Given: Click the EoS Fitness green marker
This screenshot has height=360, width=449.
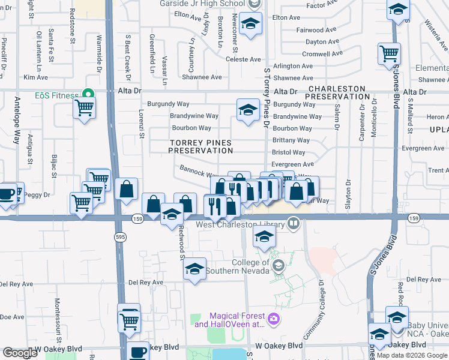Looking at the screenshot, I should [89, 95].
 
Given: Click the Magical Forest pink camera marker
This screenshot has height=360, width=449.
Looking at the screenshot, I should [274, 317].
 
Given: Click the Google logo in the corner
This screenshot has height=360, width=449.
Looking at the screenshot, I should [20, 353].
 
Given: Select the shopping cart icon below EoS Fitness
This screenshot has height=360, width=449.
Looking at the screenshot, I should [85, 109].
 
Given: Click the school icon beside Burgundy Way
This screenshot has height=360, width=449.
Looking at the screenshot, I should [247, 110].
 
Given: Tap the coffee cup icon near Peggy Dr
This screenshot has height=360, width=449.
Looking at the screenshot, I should [7, 195].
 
